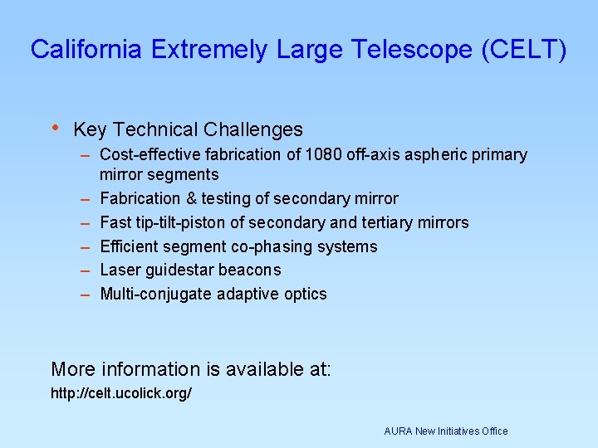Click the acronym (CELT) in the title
tap(524, 50)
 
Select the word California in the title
tap(86, 50)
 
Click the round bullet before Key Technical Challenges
tap(55, 128)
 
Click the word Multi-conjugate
tap(155, 294)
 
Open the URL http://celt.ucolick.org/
tap(121, 392)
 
